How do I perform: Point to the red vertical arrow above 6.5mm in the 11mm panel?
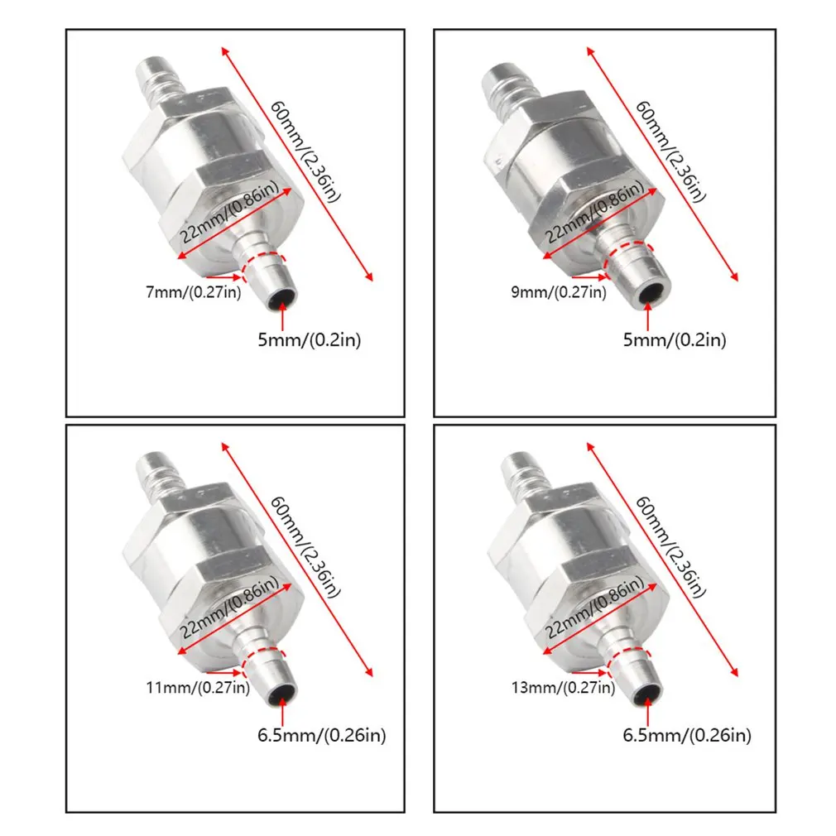pyautogui.click(x=283, y=713)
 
